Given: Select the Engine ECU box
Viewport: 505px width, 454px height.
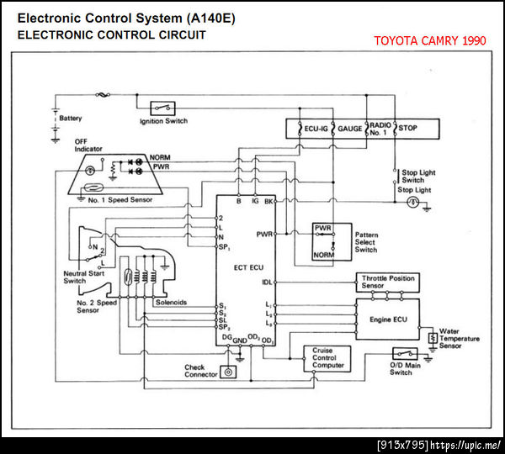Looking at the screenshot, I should point(388,320).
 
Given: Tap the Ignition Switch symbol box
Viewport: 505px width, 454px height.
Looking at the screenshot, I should point(162,108).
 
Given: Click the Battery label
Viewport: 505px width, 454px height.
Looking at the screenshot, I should point(71,119).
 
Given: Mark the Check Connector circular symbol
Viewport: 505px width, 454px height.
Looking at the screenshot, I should point(228,372).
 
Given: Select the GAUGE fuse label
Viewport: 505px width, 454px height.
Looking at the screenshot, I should point(350,129).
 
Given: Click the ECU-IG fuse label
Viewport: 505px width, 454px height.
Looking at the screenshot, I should point(316,129).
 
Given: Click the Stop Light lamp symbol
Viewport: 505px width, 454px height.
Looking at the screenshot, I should point(412,203).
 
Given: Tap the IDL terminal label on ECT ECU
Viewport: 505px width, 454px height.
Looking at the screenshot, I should point(267,282).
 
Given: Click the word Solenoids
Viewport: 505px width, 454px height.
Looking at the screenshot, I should point(171,303).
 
